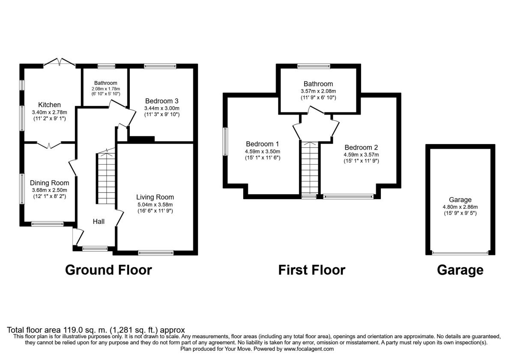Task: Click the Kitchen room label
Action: [49, 105]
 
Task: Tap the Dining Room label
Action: [49, 183]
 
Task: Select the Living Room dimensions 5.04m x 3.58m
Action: [155, 204]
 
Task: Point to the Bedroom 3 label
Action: [162, 101]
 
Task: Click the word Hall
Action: [99, 222]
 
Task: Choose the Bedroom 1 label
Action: [262, 144]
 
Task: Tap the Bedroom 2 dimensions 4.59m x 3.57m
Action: [361, 155]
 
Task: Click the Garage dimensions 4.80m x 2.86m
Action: [460, 207]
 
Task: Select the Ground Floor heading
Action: [108, 270]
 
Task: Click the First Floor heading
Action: [312, 270]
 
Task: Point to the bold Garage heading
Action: [460, 270]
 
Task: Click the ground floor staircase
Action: [105, 176]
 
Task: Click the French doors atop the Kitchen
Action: [60, 62]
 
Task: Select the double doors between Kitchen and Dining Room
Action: [49, 145]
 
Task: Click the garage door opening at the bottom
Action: [460, 253]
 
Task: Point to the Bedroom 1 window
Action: [226, 142]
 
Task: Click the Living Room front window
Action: [156, 253]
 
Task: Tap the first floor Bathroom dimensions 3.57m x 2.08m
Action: [318, 91]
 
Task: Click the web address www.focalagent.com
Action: [309, 349]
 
